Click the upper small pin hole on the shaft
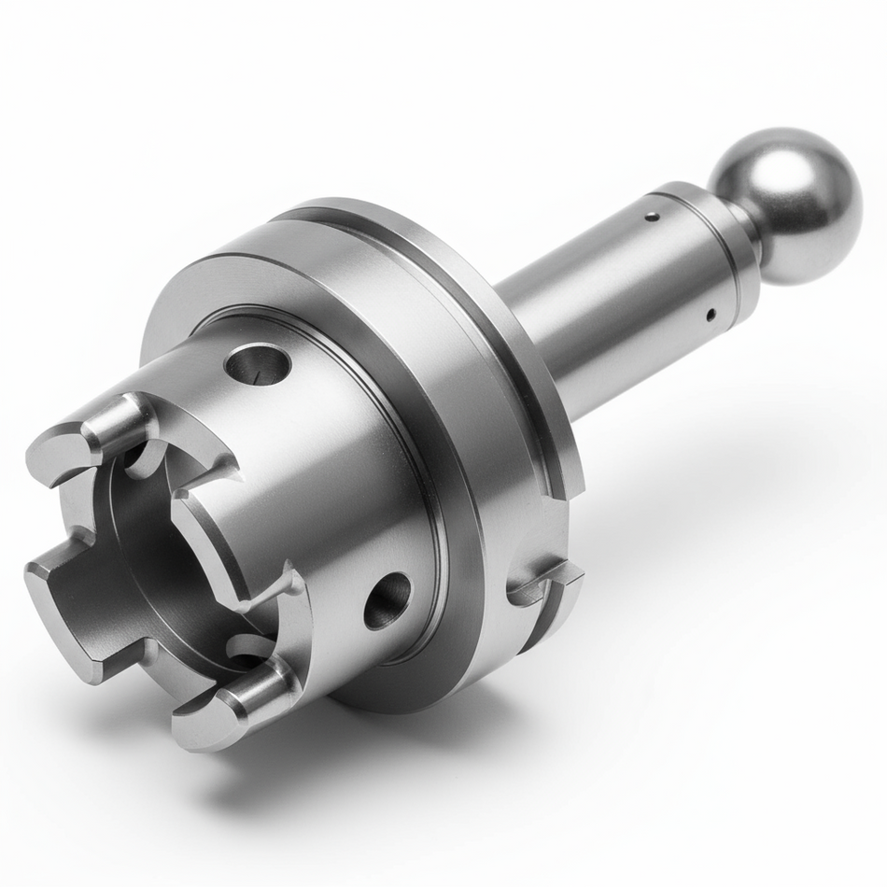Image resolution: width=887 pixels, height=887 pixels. pyautogui.click(x=653, y=217)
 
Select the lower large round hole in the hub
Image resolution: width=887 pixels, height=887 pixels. pyautogui.click(x=387, y=600)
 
